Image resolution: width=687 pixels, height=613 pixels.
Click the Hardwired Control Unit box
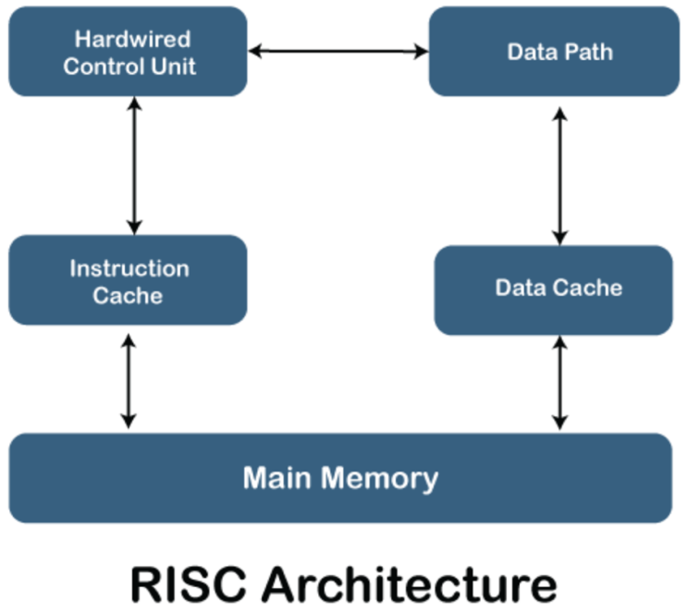pyautogui.click(x=128, y=52)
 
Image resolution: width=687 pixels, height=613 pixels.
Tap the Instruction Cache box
pyautogui.click(x=128, y=281)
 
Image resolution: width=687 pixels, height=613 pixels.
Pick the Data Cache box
pyautogui.click(x=553, y=288)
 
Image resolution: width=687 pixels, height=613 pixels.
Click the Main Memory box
pyautogui.click(x=340, y=478)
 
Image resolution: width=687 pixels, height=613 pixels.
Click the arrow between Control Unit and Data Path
pyautogui.click(x=338, y=52)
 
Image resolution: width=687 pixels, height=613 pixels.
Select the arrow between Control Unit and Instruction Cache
pyautogui.click(x=134, y=166)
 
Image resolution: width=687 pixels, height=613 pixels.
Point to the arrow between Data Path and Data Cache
pyautogui.click(x=558, y=176)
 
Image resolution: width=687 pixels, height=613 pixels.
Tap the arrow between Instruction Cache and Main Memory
pyautogui.click(x=129, y=380)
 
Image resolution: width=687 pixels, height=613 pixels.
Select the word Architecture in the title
pyautogui.click(x=411, y=584)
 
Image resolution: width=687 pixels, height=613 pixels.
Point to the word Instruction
pyautogui.click(x=129, y=269)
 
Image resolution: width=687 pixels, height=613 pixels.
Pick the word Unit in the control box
pyautogui.click(x=175, y=66)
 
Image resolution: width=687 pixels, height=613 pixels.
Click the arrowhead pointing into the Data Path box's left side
pyautogui.click(x=421, y=52)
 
